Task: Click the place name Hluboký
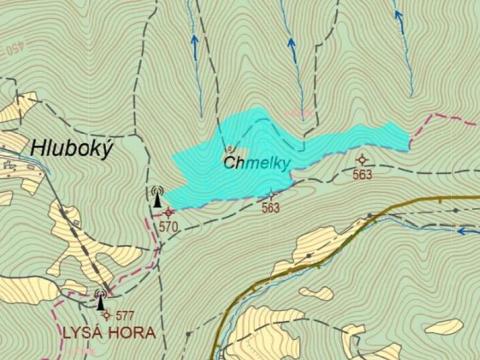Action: click(x=73, y=148)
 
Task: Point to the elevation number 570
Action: click(x=167, y=227)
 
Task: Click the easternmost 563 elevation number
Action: click(x=362, y=175)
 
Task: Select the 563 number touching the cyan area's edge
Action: click(x=270, y=208)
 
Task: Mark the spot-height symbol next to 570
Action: click(x=169, y=211)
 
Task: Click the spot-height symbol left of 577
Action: click(x=107, y=315)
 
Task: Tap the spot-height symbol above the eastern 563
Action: click(x=361, y=159)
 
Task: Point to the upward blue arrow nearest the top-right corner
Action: click(x=398, y=15)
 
